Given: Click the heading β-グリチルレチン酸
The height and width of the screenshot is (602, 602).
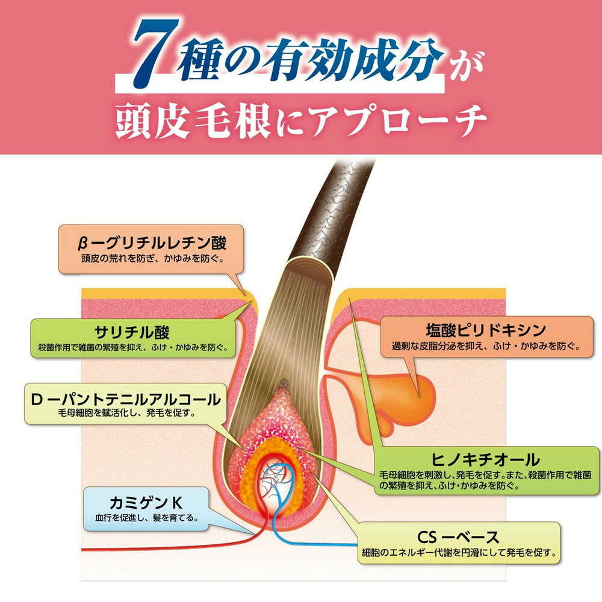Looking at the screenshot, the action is coord(152,243).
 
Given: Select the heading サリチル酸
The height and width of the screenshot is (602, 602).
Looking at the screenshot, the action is coord(132,332).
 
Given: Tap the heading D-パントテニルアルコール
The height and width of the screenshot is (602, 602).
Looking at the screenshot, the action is coord(126,399).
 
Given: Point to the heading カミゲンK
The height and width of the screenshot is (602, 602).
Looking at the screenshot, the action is coord(146,503).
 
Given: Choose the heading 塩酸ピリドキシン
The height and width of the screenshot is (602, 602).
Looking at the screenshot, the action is coord(486,330).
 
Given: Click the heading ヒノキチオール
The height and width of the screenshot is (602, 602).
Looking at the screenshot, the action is coord(485,459).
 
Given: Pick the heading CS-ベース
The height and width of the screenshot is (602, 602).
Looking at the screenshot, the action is coord(458,537).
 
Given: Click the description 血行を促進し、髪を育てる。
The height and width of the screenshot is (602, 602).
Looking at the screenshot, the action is coord(147,518).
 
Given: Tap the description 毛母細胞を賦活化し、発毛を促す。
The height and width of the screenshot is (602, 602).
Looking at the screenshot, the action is coord(126,413).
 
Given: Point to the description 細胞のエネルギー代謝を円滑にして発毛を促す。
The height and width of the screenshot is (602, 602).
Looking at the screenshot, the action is coord(459,553).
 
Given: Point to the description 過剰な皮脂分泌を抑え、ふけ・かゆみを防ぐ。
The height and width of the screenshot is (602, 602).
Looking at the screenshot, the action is coord(486,346).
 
